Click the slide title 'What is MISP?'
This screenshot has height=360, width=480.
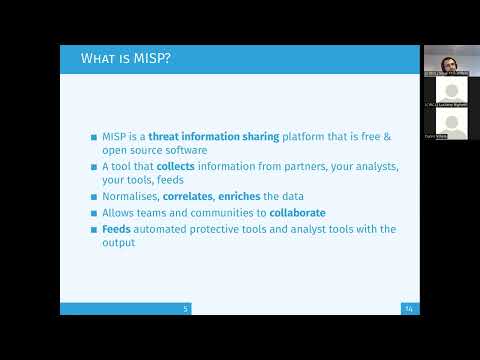pos(125,59)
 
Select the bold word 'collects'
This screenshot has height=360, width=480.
pos(176,165)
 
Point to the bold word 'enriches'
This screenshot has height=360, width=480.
pos(256,196)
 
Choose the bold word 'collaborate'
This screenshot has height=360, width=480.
pos(297,213)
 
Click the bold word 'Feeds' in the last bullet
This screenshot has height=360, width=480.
pos(117,229)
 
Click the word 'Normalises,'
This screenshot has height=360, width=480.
pos(130,196)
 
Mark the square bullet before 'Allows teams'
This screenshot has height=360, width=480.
pos(94,213)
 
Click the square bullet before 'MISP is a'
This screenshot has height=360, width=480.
pos(94,136)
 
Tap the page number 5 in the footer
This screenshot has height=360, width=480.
pos(185,309)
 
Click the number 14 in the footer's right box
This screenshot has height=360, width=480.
pos(409,309)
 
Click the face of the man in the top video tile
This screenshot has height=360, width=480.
pos(446,56)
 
